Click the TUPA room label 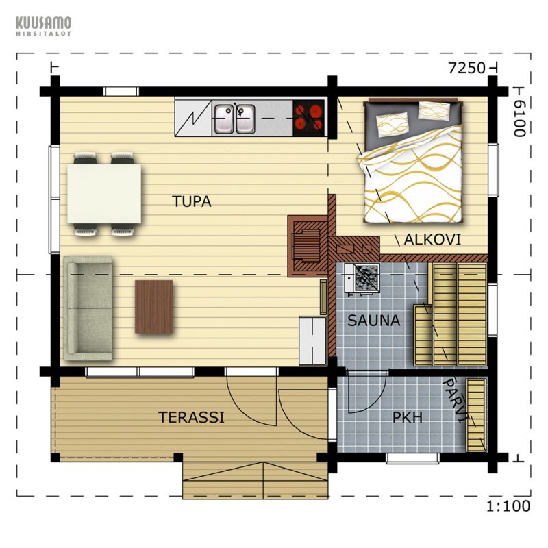click(x=192, y=201)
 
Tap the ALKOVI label click(x=432, y=240)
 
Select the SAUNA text click(x=373, y=321)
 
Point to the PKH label click(x=408, y=417)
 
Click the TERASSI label click(x=191, y=417)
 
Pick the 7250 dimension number click(x=467, y=68)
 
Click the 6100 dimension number click(x=520, y=118)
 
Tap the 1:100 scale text click(x=508, y=506)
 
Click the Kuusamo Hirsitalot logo click(x=44, y=26)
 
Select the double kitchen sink click(x=234, y=119)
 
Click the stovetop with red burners click(x=309, y=118)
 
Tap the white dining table click(x=104, y=194)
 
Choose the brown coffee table click(x=153, y=306)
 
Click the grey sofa click(x=88, y=308)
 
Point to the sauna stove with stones click(x=367, y=278)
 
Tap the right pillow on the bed click(x=434, y=111)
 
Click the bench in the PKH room click(x=476, y=415)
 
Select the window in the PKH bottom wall click(x=413, y=458)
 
